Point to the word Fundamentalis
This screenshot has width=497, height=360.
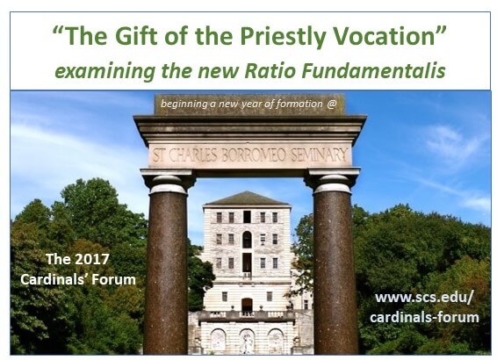(373, 71)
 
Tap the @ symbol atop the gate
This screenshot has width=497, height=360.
(331, 104)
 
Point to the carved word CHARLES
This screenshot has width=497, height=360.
(193, 155)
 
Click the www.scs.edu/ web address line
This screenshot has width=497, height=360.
(424, 298)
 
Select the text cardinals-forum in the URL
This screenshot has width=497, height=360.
(424, 318)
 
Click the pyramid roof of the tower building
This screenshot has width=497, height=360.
(247, 198)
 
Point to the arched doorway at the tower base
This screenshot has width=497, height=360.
(247, 304)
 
